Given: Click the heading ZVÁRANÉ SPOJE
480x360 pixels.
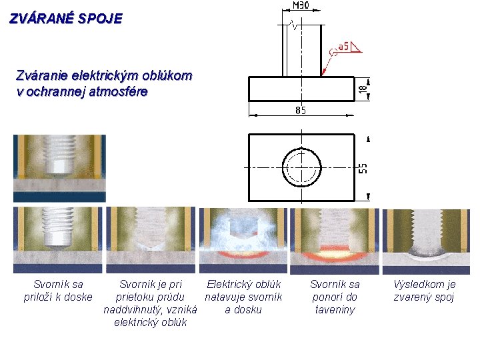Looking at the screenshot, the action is pyautogui.click(x=66, y=19).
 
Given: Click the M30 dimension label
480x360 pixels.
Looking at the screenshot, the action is pyautogui.click(x=301, y=5).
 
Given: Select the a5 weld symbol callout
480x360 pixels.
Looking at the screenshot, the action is pyautogui.click(x=345, y=47).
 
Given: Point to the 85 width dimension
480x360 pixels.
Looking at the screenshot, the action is pyautogui.click(x=301, y=110).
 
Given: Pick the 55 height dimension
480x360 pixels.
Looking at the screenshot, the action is pyautogui.click(x=363, y=167).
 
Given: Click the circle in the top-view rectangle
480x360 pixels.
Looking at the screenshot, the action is pyautogui.click(x=301, y=167).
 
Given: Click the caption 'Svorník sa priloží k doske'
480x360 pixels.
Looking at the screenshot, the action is pyautogui.click(x=58, y=291).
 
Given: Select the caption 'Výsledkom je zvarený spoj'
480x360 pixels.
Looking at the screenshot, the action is pyautogui.click(x=425, y=291).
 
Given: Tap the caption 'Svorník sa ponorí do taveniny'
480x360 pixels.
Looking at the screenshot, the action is pyautogui.click(x=335, y=297).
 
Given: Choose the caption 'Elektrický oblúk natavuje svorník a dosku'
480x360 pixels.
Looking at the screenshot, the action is pyautogui.click(x=243, y=297).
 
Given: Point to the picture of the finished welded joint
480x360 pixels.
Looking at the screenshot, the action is pyautogui.click(x=426, y=241).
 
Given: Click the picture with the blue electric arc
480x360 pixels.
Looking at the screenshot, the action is pyautogui.click(x=243, y=241).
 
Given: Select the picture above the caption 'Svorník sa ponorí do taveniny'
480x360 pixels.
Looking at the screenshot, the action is pyautogui.click(x=335, y=241).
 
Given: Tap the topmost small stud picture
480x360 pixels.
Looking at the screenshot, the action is pyautogui.click(x=59, y=168).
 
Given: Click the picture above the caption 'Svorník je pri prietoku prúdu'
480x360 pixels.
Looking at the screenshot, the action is pyautogui.click(x=151, y=241).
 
